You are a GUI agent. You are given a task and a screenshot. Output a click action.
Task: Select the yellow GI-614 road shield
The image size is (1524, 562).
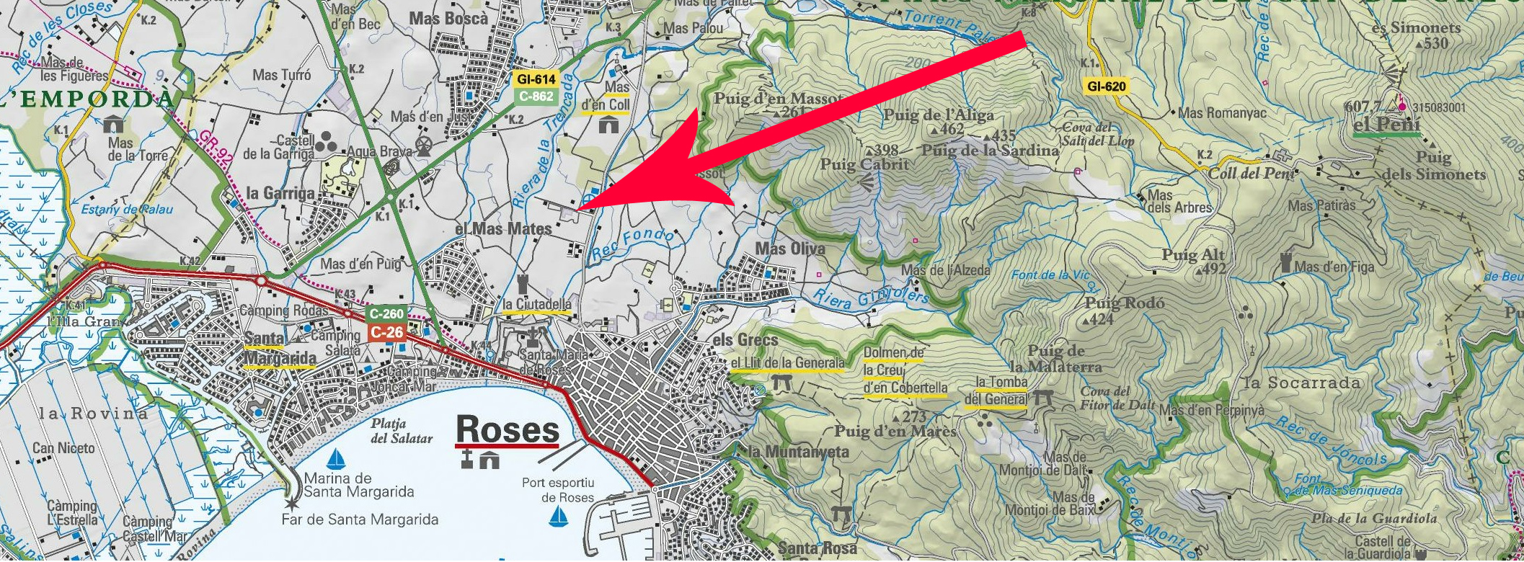(534, 79)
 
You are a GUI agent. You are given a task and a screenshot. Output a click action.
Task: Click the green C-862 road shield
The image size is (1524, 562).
(534, 94)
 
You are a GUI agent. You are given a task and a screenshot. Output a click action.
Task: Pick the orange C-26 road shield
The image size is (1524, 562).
(386, 331)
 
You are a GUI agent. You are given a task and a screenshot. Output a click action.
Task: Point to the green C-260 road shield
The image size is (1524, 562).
(386, 314)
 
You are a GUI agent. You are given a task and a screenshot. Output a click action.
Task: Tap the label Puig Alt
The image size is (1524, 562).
(1193, 255)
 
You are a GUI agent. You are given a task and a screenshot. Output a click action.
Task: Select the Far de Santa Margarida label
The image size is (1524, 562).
(358, 519)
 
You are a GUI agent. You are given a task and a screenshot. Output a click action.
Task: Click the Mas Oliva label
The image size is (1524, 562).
(789, 249)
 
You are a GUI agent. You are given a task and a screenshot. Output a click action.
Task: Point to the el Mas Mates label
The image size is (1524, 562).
(503, 228)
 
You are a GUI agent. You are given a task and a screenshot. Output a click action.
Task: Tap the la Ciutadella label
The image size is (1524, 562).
(537, 304)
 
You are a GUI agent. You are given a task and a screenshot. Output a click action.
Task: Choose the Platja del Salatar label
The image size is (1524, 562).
(402, 431)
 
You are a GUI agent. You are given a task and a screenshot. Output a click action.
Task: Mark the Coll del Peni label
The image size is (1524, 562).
(1251, 174)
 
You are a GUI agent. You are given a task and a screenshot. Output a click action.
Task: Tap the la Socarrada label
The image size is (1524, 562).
(1303, 383)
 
